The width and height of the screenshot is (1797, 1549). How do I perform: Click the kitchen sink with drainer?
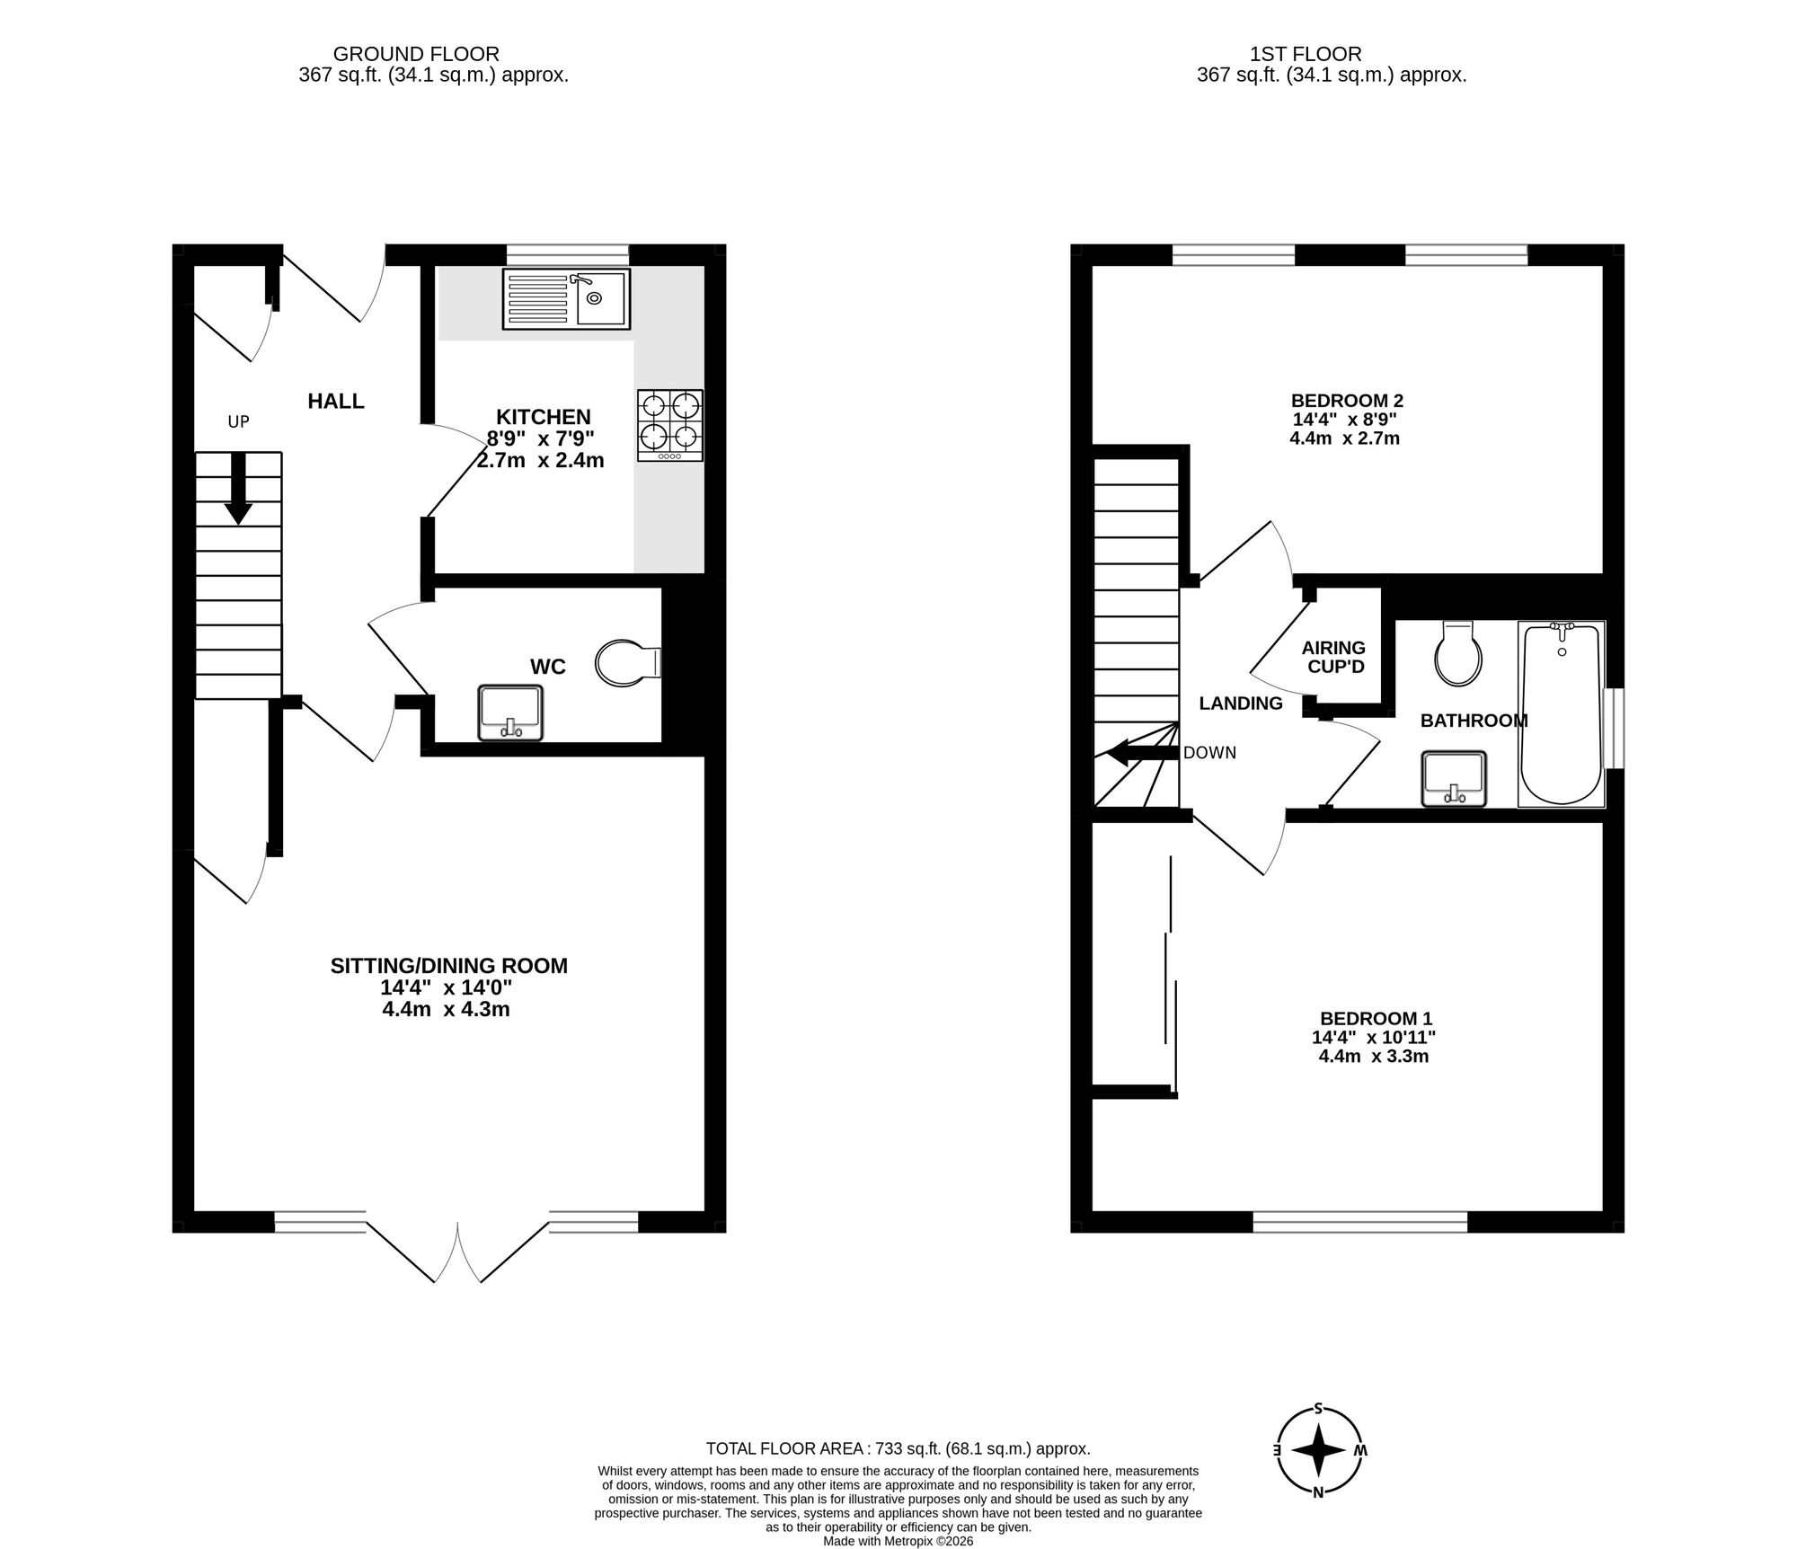tap(567, 299)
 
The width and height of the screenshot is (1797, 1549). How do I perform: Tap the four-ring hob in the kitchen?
tap(670, 425)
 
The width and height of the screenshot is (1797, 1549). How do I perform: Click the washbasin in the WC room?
tap(511, 713)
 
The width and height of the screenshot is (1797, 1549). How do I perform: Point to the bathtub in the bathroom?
tap(1561, 713)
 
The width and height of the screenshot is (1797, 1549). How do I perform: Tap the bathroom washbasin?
tap(1454, 778)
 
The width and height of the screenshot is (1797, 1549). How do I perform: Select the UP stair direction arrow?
tap(238, 489)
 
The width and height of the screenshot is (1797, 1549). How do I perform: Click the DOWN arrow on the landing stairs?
tap(1141, 753)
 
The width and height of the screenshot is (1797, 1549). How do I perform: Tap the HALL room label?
tap(336, 402)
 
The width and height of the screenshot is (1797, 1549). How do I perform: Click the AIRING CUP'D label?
tap(1333, 657)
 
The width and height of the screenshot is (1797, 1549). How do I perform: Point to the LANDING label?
tap(1241, 704)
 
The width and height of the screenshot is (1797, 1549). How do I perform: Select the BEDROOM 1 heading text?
tap(1376, 1018)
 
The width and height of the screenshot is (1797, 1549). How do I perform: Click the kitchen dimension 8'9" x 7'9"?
tap(541, 439)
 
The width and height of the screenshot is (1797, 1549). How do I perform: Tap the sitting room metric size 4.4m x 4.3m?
tap(446, 1009)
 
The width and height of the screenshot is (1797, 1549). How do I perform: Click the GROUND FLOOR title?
tap(416, 55)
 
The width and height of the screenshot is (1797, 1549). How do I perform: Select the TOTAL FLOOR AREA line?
tap(898, 1448)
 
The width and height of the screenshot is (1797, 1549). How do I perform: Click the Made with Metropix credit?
tap(898, 1541)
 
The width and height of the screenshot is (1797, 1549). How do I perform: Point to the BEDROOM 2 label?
tap(1347, 401)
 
